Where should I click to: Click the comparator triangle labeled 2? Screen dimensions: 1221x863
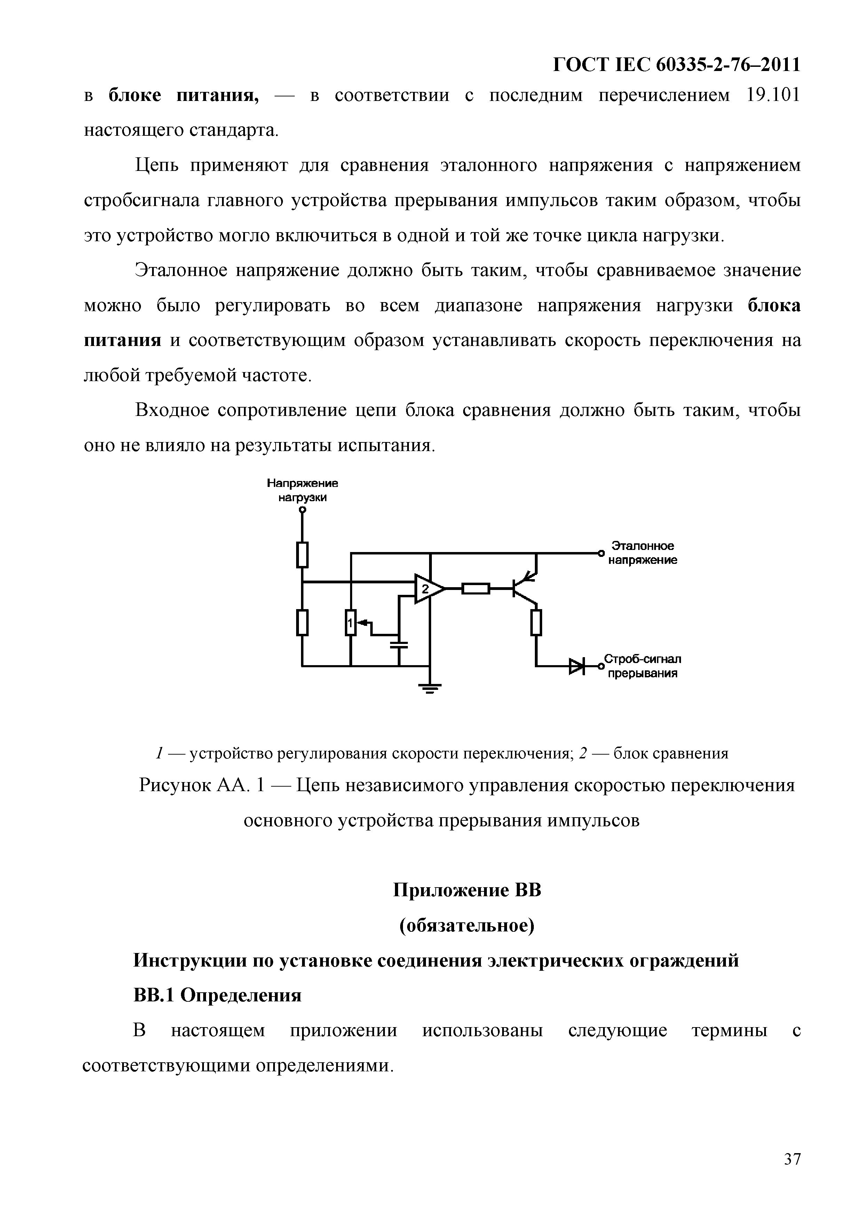point(427,589)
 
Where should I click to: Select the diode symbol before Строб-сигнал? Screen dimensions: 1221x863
point(576,665)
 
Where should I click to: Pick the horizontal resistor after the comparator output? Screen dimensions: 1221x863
point(475,589)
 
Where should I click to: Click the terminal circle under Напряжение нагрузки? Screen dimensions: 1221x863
point(302,510)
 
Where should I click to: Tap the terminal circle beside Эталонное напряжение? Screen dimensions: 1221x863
point(601,554)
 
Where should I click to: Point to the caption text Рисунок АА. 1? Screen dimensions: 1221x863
point(201,786)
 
